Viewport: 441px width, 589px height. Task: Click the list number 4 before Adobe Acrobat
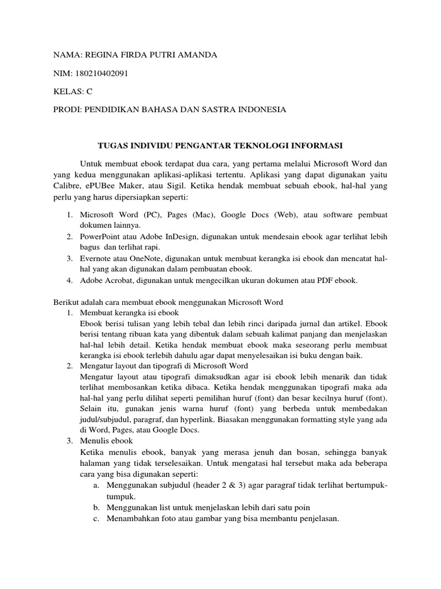68,280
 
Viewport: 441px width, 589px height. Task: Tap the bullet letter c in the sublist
95,518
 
